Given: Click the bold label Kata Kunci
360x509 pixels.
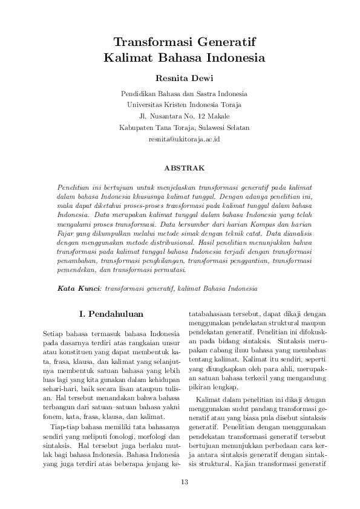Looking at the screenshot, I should (x=79, y=289).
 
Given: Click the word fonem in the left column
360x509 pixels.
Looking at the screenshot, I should (x=53, y=382).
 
